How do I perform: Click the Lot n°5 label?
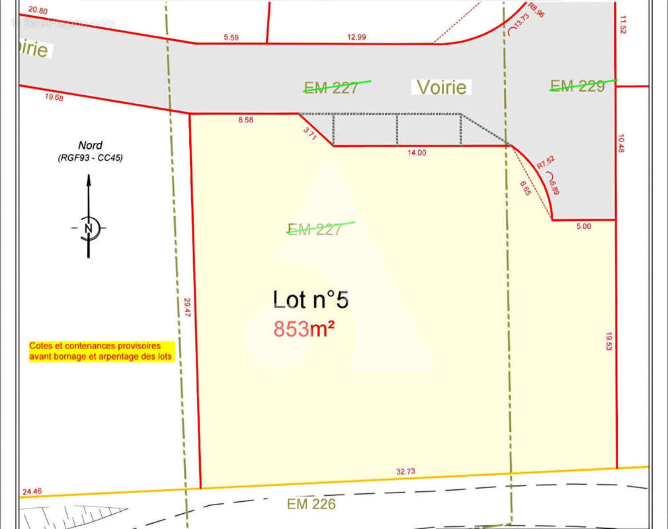coord(310,300)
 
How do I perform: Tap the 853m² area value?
coord(304,329)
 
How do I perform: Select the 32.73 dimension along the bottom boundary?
coord(405,471)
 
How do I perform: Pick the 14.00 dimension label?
coord(417,153)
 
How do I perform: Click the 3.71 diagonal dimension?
coord(310,132)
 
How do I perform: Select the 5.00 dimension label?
coord(583,226)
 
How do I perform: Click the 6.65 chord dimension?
coord(525,188)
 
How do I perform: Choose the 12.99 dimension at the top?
coord(356,37)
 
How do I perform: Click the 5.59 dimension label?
coord(231,38)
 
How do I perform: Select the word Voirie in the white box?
coord(441,87)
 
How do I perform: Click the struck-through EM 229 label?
coord(577,85)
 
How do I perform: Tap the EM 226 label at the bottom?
coord(312,505)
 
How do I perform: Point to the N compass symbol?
coord(88,228)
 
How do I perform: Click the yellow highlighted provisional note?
coord(101,351)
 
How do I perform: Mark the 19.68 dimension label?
coord(54,98)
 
